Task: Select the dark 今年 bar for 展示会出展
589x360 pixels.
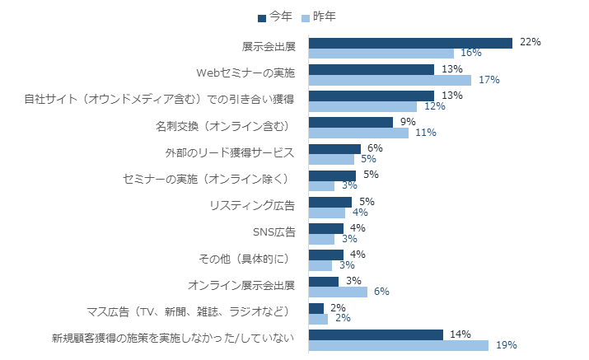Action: click(x=410, y=43)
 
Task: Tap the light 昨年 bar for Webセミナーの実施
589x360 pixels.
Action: click(x=390, y=80)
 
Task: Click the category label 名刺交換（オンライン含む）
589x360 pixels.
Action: click(x=224, y=127)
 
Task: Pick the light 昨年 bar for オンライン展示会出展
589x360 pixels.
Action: click(x=338, y=292)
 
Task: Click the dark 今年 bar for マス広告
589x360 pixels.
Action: click(x=316, y=308)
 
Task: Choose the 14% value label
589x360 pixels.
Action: click(x=460, y=334)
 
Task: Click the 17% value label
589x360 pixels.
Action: click(x=488, y=80)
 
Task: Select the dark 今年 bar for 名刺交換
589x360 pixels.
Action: click(x=351, y=122)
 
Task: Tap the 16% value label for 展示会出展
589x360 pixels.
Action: click(x=470, y=54)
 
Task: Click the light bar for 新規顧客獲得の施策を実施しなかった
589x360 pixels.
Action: click(x=399, y=345)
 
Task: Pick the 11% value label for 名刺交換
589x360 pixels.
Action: click(x=425, y=133)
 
